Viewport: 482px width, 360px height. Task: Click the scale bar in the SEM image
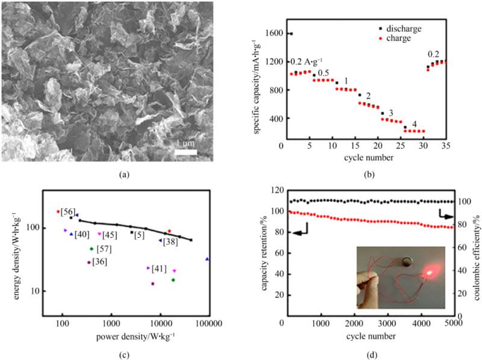point(186,151)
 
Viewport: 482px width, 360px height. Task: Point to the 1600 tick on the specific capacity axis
point(276,34)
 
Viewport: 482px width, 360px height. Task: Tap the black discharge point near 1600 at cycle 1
point(291,34)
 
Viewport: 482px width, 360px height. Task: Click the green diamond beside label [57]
point(92,249)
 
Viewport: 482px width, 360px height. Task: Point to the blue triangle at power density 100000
point(207,259)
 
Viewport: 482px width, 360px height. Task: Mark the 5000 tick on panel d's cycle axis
point(452,325)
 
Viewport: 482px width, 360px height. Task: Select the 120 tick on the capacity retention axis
point(276,190)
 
